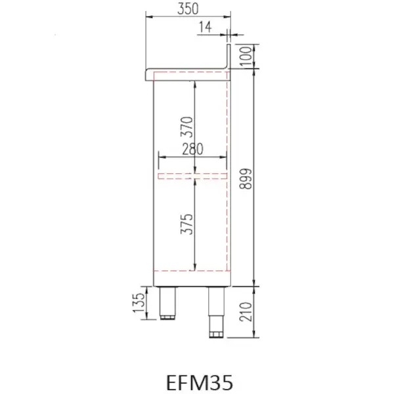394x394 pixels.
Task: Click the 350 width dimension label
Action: [x=188, y=9]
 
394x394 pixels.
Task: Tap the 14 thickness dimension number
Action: [x=205, y=27]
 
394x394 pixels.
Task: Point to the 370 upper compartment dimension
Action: [x=186, y=127]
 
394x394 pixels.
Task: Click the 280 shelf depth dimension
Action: [x=192, y=149]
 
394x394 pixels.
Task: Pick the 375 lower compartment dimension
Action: [x=186, y=224]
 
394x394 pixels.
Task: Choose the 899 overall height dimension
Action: [x=246, y=179]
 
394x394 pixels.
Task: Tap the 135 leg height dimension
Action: [x=139, y=303]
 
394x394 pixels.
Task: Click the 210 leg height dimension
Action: [x=246, y=312]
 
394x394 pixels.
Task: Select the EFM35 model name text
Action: [x=200, y=382]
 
